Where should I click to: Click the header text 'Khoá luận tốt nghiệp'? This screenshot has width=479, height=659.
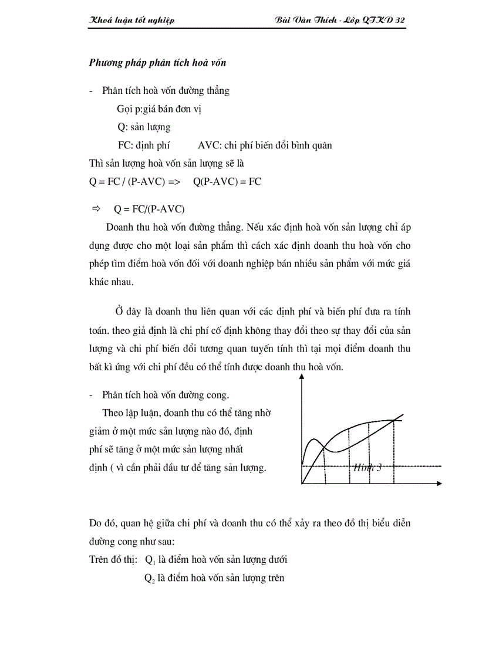click(131, 21)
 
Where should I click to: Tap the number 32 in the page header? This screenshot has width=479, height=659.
click(400, 21)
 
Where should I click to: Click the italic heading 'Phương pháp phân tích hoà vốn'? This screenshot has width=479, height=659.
click(157, 63)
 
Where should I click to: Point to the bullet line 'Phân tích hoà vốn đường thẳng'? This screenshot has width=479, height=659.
click(166, 91)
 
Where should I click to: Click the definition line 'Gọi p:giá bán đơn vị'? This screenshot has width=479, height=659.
click(160, 109)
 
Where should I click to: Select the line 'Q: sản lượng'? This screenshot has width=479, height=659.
click(144, 127)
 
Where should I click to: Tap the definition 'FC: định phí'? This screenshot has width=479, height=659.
click(144, 146)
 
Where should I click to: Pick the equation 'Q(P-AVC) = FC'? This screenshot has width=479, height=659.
click(227, 181)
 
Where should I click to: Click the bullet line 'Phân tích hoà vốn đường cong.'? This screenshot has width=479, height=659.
click(166, 395)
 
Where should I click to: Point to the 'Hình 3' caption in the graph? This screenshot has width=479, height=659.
click(367, 468)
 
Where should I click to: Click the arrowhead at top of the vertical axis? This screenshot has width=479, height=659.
click(302, 377)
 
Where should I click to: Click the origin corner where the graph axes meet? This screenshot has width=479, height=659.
click(302, 484)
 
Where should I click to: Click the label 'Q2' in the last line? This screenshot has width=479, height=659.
click(150, 578)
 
